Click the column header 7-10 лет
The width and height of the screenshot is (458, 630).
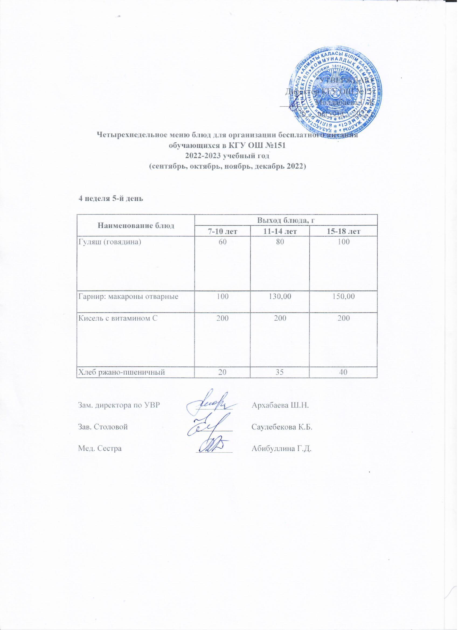click(x=222, y=231)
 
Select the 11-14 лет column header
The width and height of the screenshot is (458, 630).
click(x=279, y=231)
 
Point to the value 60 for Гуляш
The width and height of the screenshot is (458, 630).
click(x=222, y=242)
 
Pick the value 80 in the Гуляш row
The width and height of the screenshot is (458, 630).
click(x=279, y=242)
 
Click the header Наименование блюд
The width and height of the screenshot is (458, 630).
click(x=136, y=226)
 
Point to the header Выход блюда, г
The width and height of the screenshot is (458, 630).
click(x=286, y=220)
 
